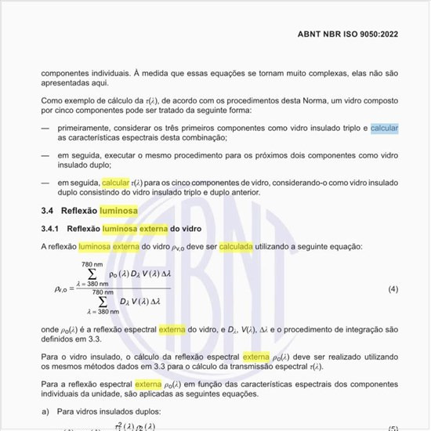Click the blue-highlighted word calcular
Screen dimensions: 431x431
pyautogui.click(x=385, y=127)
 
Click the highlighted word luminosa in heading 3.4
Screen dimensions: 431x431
pyautogui.click(x=117, y=212)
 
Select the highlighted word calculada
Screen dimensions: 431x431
pyautogui.click(x=237, y=246)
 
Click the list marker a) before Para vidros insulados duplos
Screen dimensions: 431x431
pyautogui.click(x=45, y=410)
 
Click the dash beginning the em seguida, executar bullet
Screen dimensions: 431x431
pyautogui.click(x=45, y=155)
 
